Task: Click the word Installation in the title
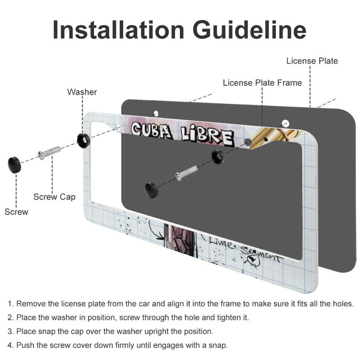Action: tap(119, 30)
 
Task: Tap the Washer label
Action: tap(82, 92)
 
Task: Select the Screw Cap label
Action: tap(55, 197)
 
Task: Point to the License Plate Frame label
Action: tap(263, 83)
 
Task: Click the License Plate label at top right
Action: tap(312, 61)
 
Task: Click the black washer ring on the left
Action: tap(83, 140)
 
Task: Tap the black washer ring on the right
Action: tap(218, 157)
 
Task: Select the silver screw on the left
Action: tap(49, 153)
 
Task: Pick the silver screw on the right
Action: tap(186, 173)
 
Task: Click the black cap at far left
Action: tap(15, 165)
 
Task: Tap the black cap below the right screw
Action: tap(152, 190)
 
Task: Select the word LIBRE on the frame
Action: tap(207, 137)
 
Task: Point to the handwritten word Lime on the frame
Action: tap(221, 243)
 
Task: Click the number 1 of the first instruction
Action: tap(10, 304)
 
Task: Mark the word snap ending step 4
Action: tap(217, 345)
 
